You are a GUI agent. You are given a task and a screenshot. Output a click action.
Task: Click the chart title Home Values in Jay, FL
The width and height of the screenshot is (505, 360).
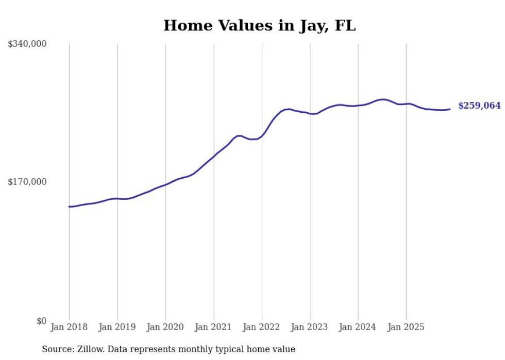(259, 25)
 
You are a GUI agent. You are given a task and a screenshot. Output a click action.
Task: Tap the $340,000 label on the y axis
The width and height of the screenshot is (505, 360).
(27, 44)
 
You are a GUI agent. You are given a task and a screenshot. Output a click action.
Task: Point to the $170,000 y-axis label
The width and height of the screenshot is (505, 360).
(27, 182)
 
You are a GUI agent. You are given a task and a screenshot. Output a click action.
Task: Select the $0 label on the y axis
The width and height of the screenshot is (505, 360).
(41, 321)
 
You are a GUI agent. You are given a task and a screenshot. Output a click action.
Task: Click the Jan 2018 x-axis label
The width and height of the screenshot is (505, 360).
(69, 328)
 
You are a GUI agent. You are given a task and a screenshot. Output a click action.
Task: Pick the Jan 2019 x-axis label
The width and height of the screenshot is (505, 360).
(117, 328)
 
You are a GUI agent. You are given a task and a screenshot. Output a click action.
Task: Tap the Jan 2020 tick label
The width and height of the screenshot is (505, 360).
(165, 328)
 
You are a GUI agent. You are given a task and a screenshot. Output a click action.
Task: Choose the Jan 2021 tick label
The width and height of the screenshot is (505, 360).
(213, 328)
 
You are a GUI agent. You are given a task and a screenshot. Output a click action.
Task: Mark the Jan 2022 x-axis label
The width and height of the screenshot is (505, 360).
(262, 328)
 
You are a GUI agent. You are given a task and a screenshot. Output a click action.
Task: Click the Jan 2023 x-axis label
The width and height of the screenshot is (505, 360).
(310, 328)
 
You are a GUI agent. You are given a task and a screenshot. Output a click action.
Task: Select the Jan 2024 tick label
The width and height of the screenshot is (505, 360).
(358, 328)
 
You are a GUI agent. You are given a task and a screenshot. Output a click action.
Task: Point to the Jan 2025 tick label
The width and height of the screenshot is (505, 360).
(406, 328)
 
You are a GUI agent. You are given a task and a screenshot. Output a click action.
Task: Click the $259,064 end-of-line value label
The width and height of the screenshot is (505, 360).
(479, 106)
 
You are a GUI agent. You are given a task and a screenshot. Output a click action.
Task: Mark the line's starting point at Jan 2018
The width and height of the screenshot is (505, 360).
(69, 207)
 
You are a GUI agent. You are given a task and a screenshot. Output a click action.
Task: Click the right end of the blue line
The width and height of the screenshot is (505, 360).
(450, 109)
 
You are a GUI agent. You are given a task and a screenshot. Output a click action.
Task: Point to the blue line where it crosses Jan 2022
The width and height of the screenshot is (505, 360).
(262, 137)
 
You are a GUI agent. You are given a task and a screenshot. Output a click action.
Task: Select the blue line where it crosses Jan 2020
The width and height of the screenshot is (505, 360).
(165, 184)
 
